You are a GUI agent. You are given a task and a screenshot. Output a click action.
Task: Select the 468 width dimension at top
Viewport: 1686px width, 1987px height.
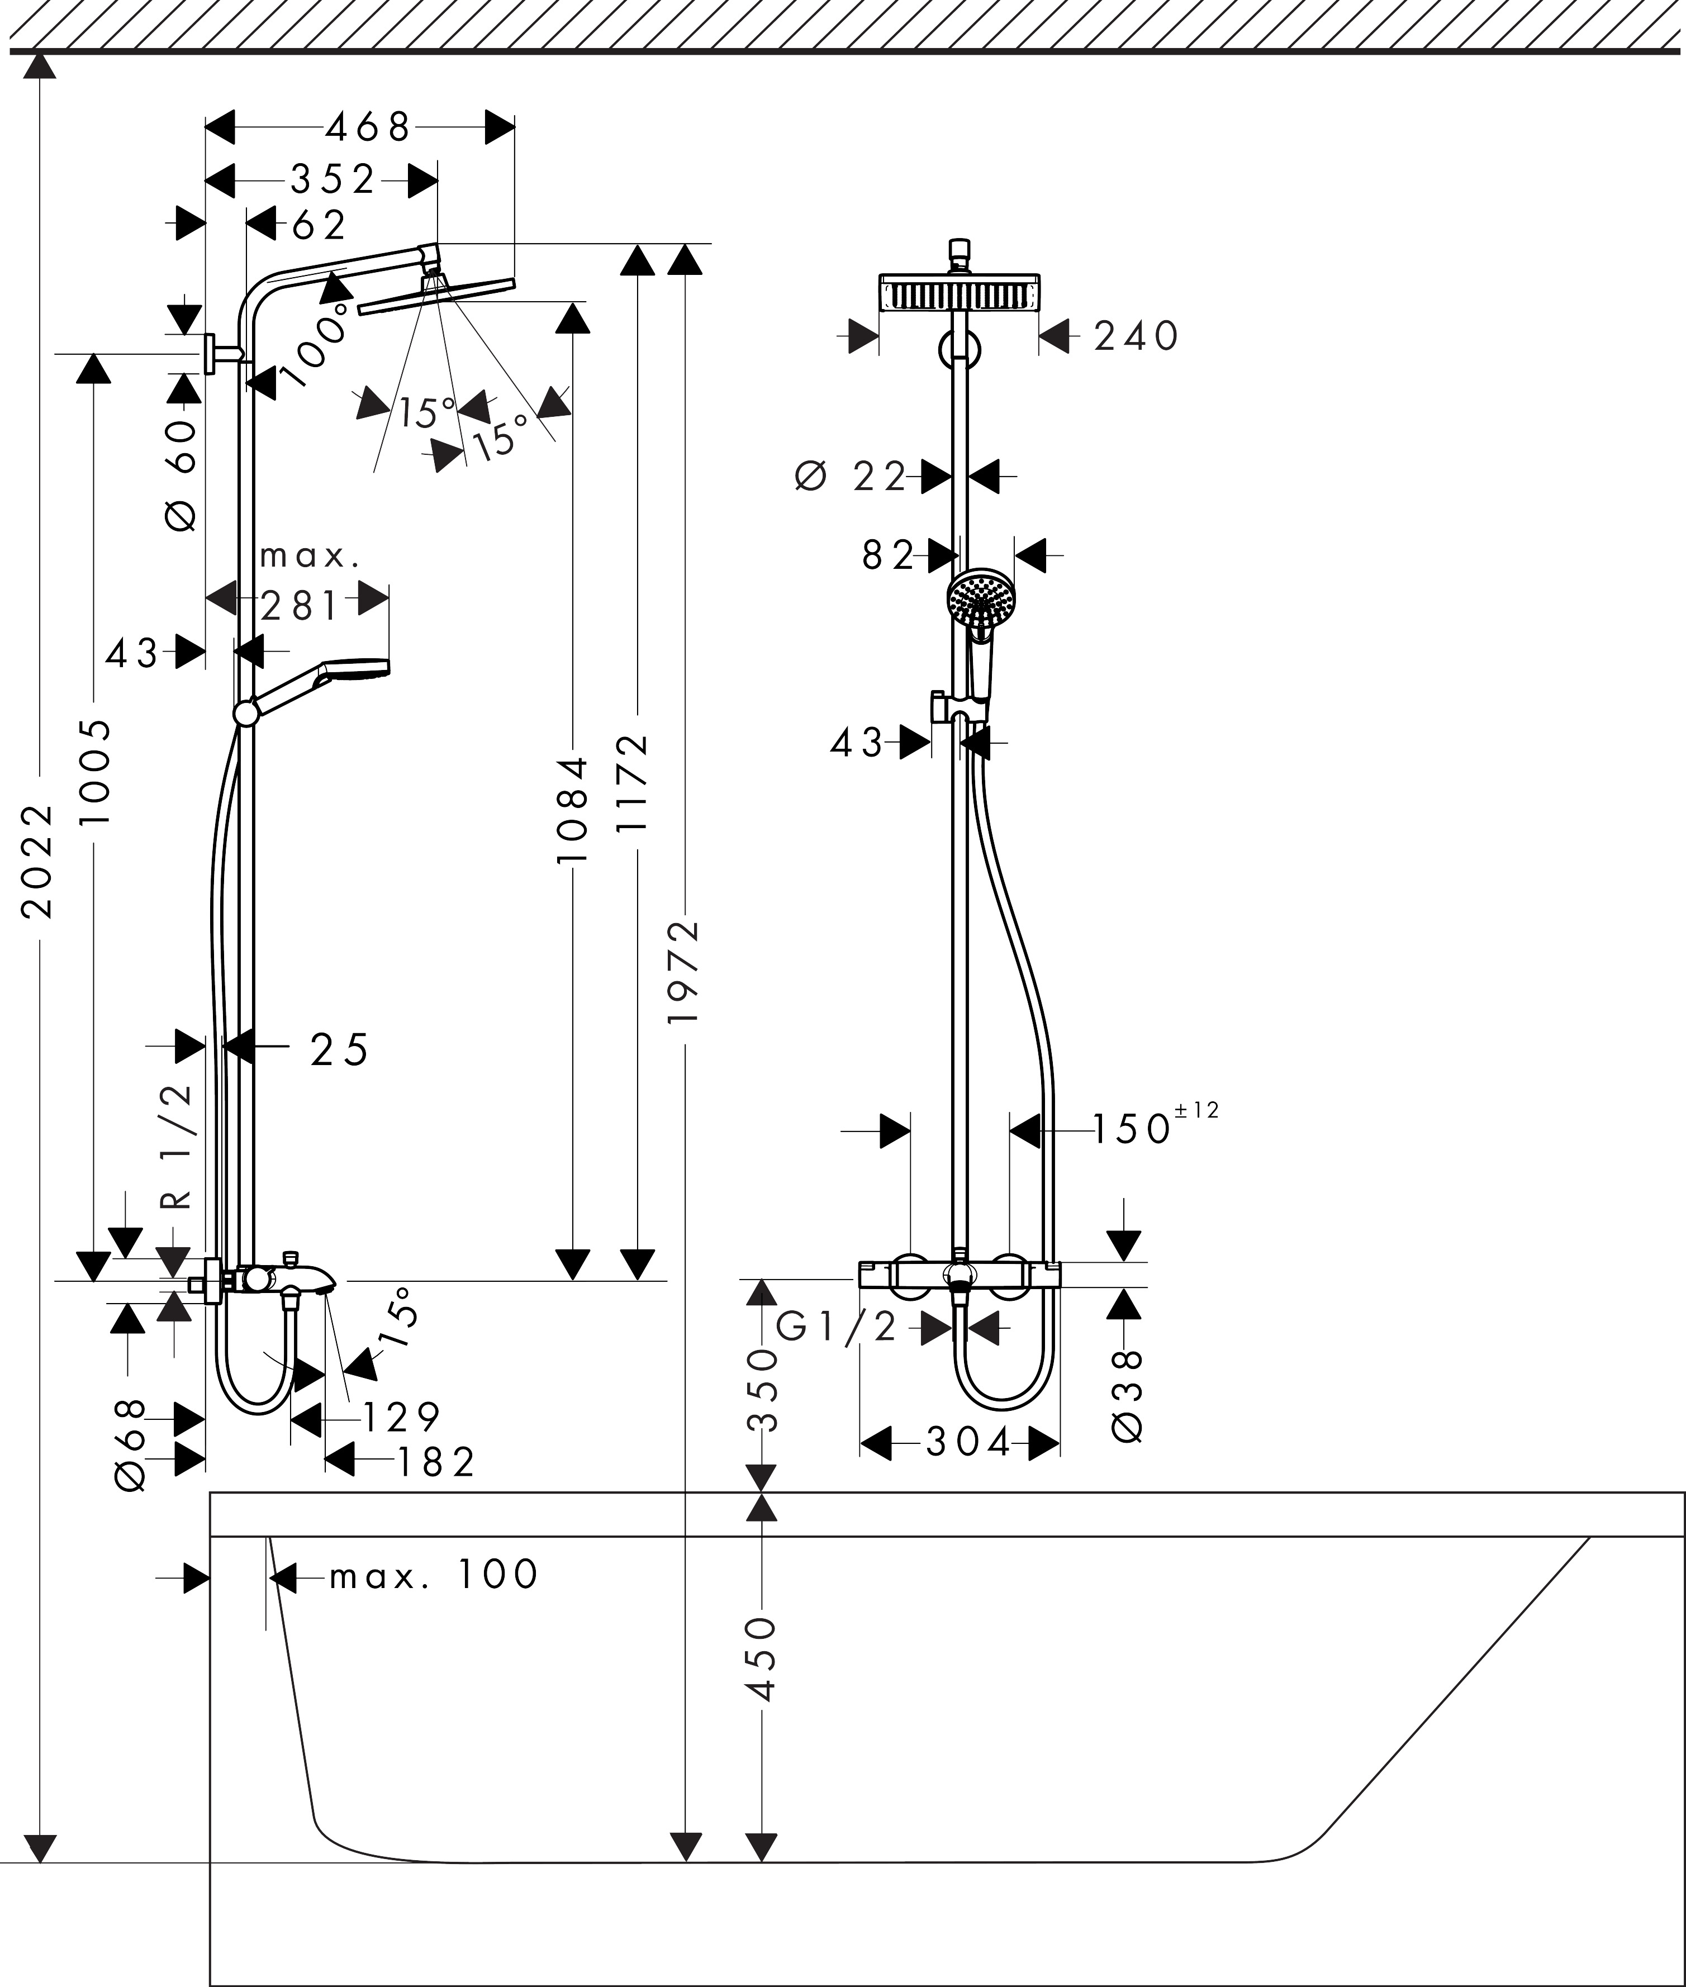(x=368, y=126)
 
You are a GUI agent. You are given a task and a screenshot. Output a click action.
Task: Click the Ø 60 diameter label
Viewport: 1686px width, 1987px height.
(x=182, y=475)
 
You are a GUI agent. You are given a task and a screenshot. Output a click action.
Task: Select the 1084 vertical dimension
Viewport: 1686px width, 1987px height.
(x=572, y=810)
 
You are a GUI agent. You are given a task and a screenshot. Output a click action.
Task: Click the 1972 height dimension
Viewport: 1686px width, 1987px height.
(x=685, y=972)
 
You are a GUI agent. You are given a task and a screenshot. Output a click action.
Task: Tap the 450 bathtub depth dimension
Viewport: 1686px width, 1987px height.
(x=762, y=1659)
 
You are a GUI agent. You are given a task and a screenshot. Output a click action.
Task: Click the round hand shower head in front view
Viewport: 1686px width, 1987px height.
(x=981, y=599)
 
